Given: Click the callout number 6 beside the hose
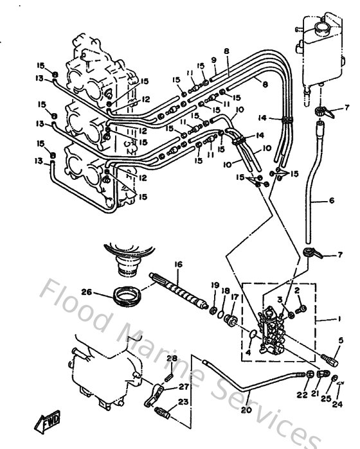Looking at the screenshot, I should (332, 200).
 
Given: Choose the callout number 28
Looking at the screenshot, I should (172, 358).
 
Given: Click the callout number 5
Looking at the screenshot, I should (341, 342).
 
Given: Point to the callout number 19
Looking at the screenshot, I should (215, 285).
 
